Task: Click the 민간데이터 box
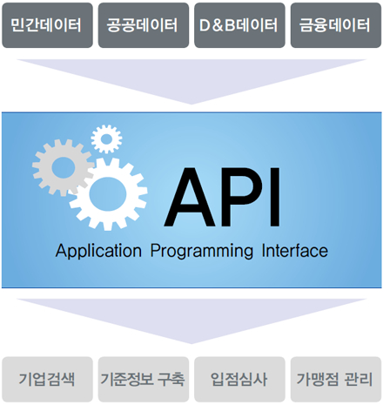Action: [x=47, y=25]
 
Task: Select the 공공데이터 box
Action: [x=144, y=25]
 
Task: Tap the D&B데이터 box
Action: [x=239, y=25]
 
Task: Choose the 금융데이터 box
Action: [x=336, y=25]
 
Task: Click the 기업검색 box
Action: [x=47, y=379]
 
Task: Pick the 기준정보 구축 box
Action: [x=144, y=379]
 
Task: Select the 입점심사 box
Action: [x=239, y=379]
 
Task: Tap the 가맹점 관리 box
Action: [x=336, y=379]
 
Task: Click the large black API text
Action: [x=222, y=197]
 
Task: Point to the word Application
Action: [x=98, y=251]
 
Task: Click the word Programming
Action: [x=202, y=252]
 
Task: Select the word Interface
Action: [x=295, y=251]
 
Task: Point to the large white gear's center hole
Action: [x=108, y=193]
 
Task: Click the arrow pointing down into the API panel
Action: [x=191, y=80]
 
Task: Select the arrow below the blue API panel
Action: [x=191, y=320]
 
